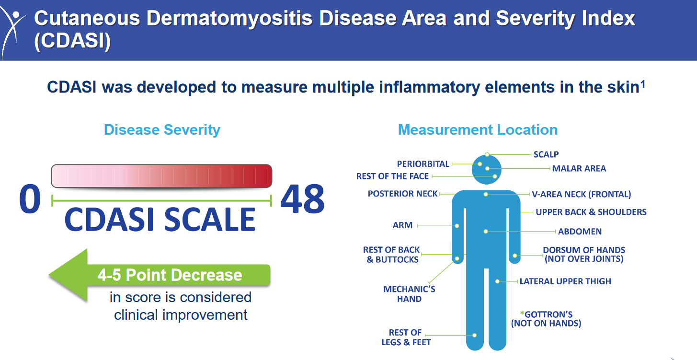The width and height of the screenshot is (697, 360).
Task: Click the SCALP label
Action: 546,154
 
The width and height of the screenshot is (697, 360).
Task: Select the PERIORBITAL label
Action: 423,164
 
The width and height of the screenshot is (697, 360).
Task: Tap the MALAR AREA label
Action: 579,169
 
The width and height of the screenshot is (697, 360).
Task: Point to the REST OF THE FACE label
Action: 392,176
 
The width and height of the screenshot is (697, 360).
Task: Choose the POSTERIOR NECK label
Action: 402,194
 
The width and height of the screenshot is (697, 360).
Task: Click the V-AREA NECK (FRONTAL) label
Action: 581,194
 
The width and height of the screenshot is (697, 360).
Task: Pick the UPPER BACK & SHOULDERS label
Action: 591,212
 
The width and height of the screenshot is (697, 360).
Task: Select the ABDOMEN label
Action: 580,232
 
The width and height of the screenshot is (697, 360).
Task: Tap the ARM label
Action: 402,225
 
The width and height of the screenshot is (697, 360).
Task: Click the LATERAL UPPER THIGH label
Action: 565,281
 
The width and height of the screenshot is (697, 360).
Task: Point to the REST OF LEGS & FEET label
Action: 406,337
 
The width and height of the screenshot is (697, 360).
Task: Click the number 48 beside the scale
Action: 302,200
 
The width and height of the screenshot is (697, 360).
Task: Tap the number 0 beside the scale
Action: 30,200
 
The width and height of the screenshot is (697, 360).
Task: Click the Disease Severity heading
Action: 162,130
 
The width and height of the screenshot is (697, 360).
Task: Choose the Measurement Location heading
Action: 478,130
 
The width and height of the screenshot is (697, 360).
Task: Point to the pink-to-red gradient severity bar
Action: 161,176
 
